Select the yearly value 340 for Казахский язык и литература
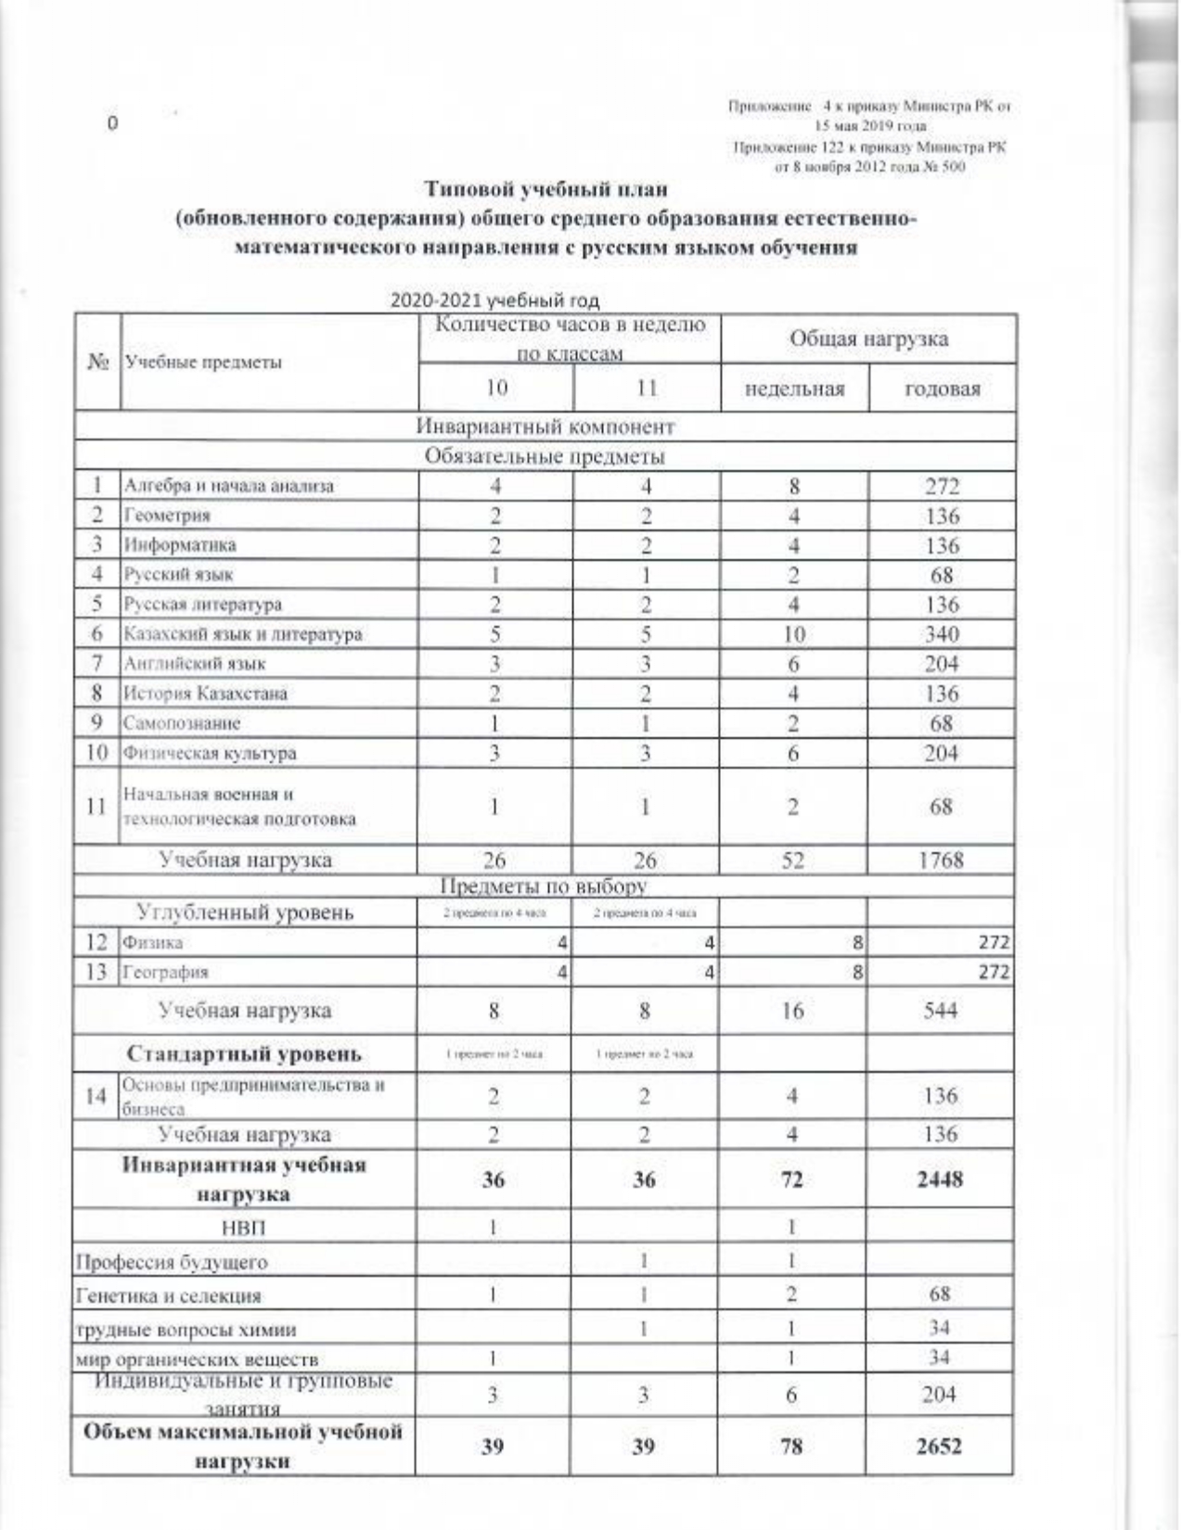click(941, 634)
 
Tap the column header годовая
click(942, 389)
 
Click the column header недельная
click(794, 389)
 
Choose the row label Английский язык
click(196, 664)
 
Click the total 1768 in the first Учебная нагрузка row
click(941, 860)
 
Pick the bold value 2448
click(941, 1179)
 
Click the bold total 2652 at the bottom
click(941, 1446)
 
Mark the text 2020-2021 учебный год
click(494, 300)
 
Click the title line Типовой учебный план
click(546, 190)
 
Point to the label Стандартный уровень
click(244, 1054)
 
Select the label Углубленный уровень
click(245, 912)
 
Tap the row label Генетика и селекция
click(168, 1296)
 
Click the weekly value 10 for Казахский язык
click(794, 634)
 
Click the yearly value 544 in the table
click(941, 1010)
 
